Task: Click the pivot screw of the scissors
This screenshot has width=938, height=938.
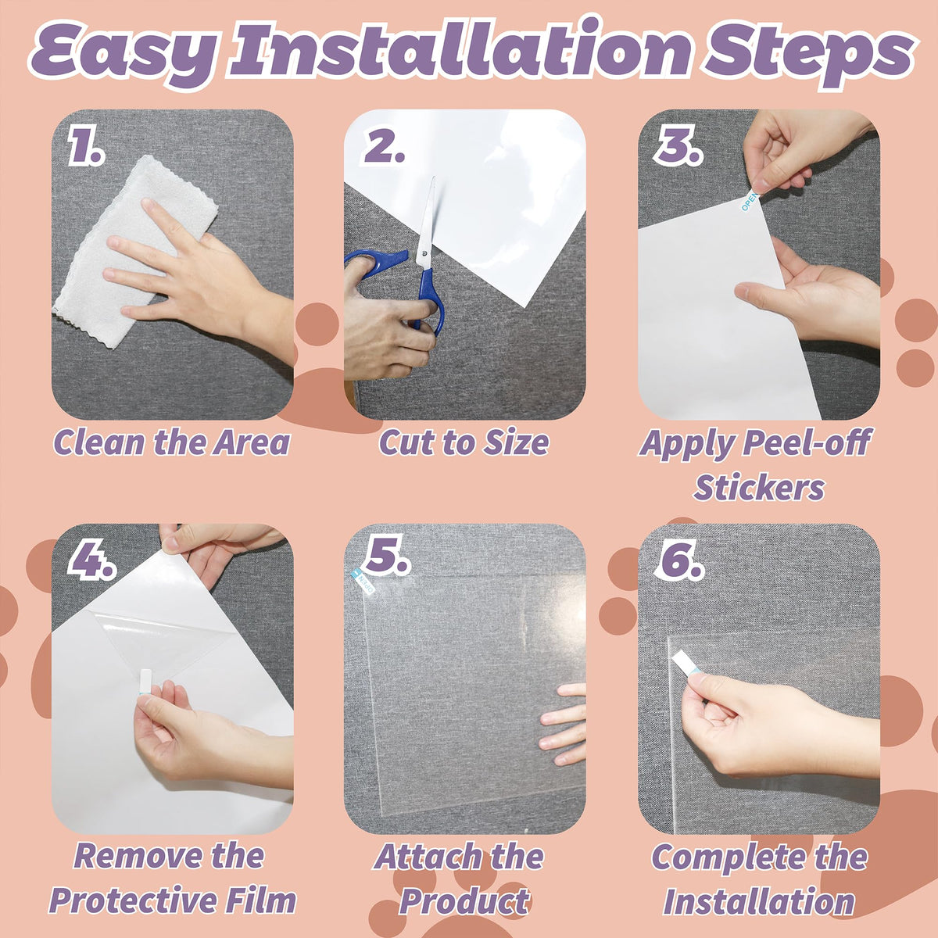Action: (424, 253)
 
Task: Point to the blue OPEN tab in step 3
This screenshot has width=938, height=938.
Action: (749, 201)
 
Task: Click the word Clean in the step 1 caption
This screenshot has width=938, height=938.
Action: (101, 442)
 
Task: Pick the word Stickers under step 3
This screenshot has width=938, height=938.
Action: (758, 487)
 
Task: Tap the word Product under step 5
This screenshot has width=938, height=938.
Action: (464, 901)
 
